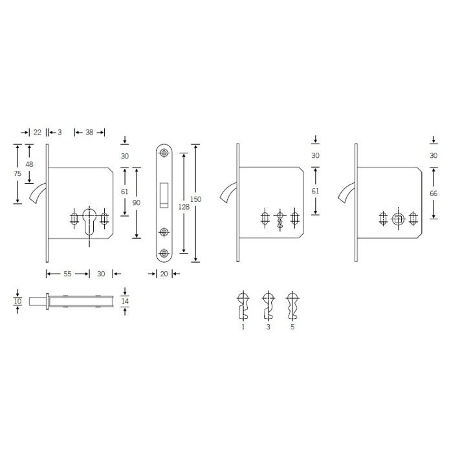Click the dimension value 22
[x=38, y=133]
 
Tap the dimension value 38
[x=89, y=133]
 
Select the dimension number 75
[x=17, y=173]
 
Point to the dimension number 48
[x=29, y=164]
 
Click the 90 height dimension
[x=137, y=203]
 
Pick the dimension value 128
[x=184, y=207]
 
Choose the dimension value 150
[x=195, y=199]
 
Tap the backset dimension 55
[x=67, y=274]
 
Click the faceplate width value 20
[x=164, y=274]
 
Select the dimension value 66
[x=433, y=193]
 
